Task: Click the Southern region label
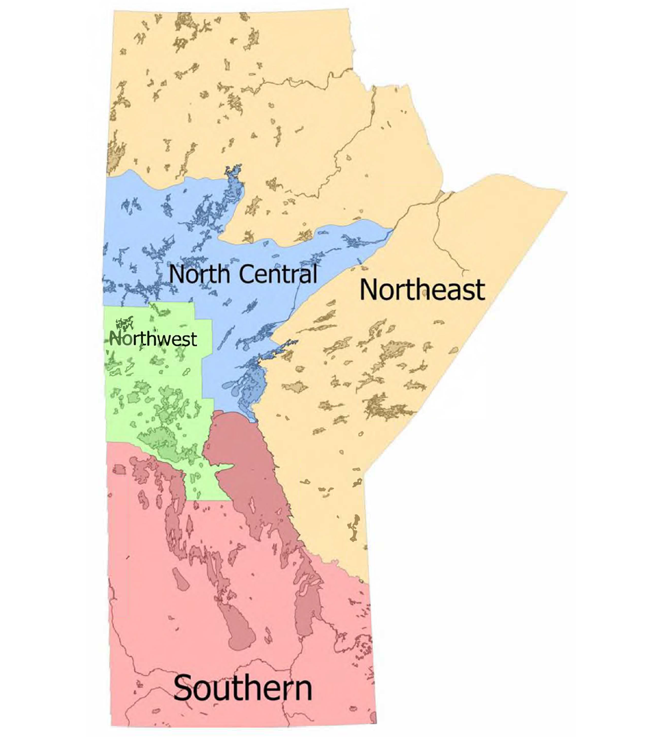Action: [243, 688]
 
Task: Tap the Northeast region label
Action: [421, 289]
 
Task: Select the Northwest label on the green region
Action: [153, 339]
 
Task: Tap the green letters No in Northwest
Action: [118, 339]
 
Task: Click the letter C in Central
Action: [246, 273]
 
